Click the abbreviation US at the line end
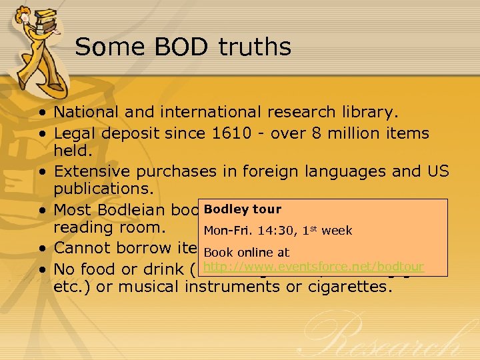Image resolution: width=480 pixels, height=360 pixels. tap(438, 171)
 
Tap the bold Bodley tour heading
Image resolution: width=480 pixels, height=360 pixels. tap(243, 209)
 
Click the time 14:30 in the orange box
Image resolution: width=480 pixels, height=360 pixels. tap(269, 231)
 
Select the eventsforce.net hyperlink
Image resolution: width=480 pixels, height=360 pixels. tap(313, 267)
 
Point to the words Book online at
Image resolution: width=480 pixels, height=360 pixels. tap(247, 253)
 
